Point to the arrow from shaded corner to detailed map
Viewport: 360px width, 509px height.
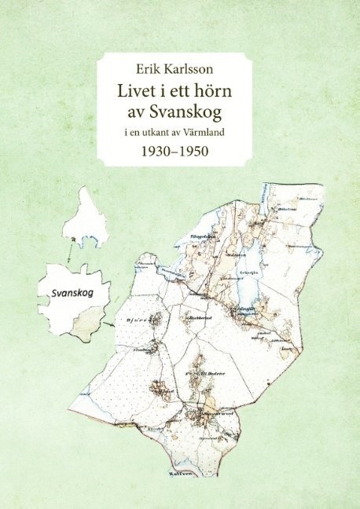114,321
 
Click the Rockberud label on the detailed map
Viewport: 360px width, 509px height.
195,318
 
